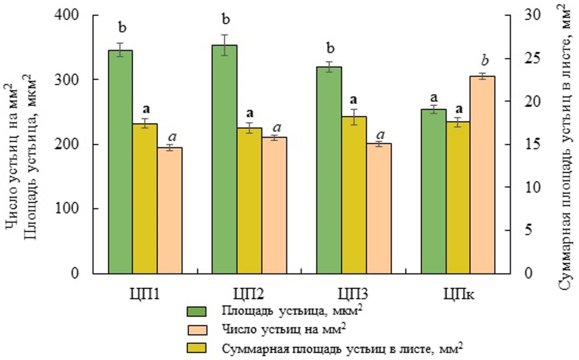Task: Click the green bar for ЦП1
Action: (x=120, y=162)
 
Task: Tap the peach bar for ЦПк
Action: (x=482, y=175)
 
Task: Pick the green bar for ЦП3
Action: (x=329, y=170)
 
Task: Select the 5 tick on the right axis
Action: (x=529, y=230)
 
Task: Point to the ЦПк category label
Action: (x=459, y=294)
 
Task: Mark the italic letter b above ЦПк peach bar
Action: (x=485, y=61)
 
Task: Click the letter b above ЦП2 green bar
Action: (x=226, y=19)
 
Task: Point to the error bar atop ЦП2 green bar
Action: (x=225, y=45)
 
